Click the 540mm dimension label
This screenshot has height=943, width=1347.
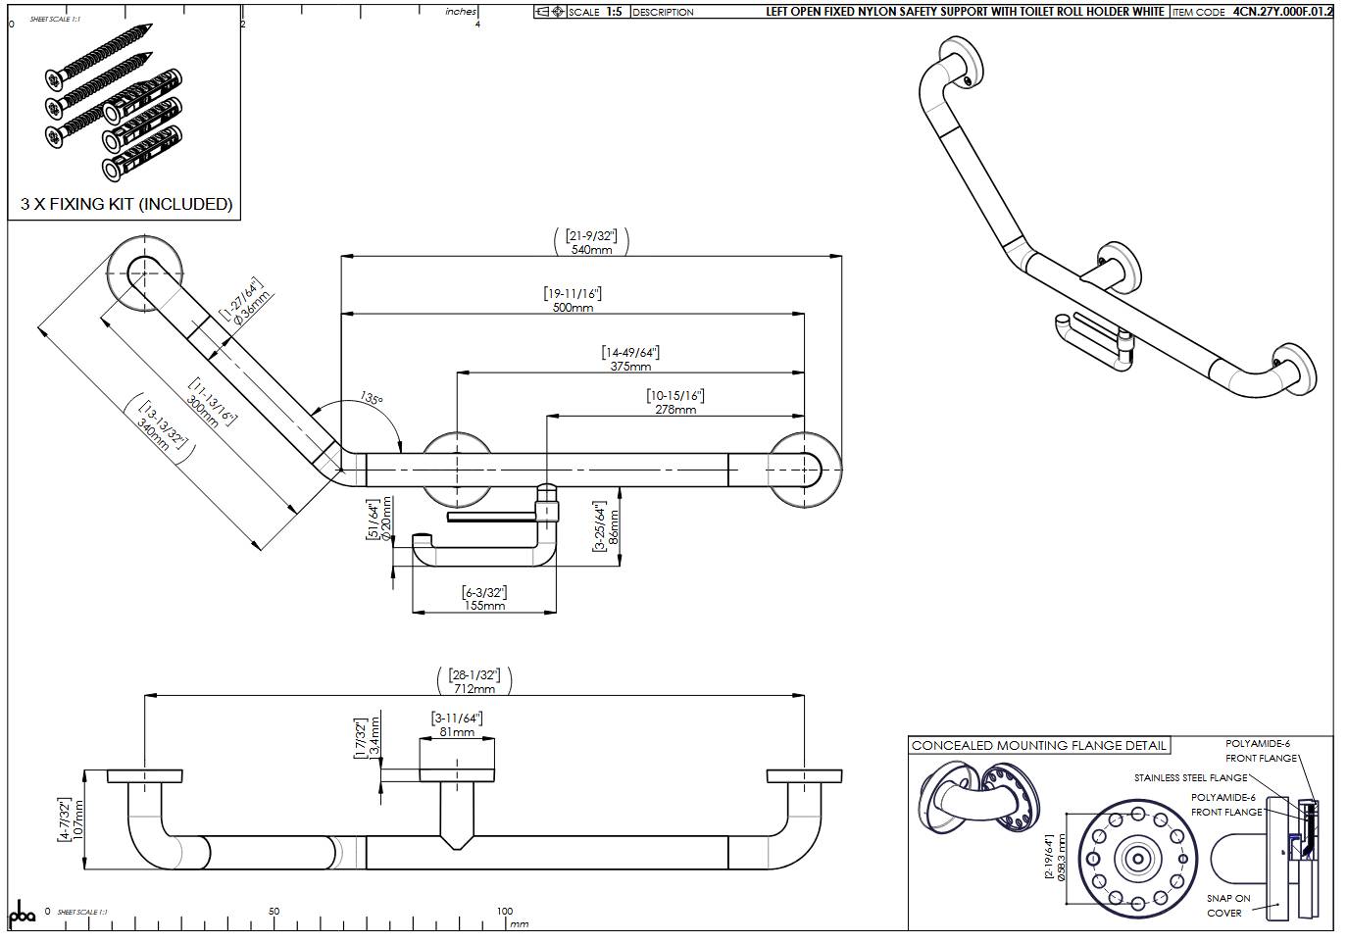(591, 250)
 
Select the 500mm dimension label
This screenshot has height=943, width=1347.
(573, 308)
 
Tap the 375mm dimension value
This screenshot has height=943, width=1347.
(630, 367)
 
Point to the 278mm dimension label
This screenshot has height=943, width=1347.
(675, 410)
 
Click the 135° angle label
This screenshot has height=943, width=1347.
(372, 399)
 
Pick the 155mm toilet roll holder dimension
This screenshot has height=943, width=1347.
(484, 606)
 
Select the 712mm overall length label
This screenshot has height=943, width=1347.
(474, 689)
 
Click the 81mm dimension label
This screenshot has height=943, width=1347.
(457, 732)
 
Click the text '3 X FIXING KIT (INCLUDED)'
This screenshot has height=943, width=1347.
(126, 204)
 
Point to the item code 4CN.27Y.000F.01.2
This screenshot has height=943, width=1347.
(1282, 12)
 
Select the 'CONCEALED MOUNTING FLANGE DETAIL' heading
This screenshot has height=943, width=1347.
(1039, 746)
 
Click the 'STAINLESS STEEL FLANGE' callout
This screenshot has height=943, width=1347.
(1190, 778)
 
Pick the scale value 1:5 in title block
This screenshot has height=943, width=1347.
(614, 12)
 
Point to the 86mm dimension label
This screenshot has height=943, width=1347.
(614, 527)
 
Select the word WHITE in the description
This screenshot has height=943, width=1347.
(1143, 12)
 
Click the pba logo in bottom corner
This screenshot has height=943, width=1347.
(22, 914)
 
